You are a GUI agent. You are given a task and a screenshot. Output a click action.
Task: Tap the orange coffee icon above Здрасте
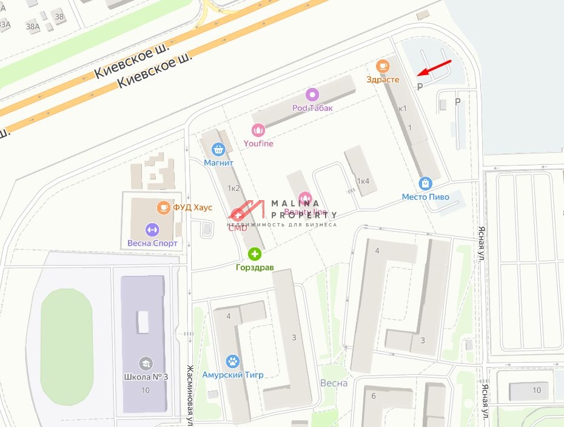(382, 66)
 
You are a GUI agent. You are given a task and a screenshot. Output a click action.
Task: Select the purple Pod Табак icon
(312, 95)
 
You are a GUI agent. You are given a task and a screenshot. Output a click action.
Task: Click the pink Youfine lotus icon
(258, 130)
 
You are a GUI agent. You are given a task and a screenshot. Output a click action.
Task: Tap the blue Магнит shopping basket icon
(218, 149)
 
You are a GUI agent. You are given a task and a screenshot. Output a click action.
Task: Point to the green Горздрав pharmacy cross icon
(255, 254)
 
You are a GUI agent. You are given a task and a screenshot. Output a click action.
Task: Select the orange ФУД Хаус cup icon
(163, 207)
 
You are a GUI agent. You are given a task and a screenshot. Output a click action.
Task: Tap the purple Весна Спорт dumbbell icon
(152, 230)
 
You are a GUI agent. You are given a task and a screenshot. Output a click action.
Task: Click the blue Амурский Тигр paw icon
(233, 361)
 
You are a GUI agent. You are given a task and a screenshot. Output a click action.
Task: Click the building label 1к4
(363, 181)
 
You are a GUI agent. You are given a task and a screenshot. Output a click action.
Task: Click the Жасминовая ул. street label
(190, 394)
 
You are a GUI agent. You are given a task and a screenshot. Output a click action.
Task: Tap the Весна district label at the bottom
(334, 383)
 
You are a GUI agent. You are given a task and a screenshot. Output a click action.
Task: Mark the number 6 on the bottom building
(374, 395)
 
